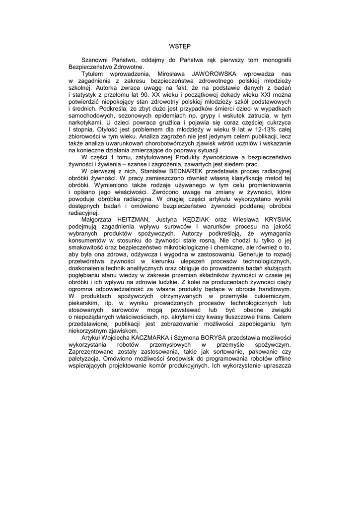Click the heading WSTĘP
(180, 45)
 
